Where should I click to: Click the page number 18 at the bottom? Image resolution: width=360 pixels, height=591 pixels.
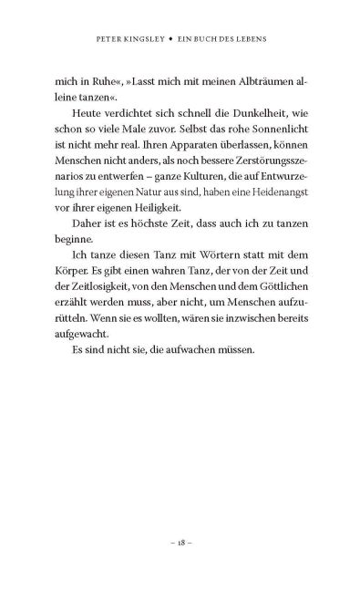pos(180,541)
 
